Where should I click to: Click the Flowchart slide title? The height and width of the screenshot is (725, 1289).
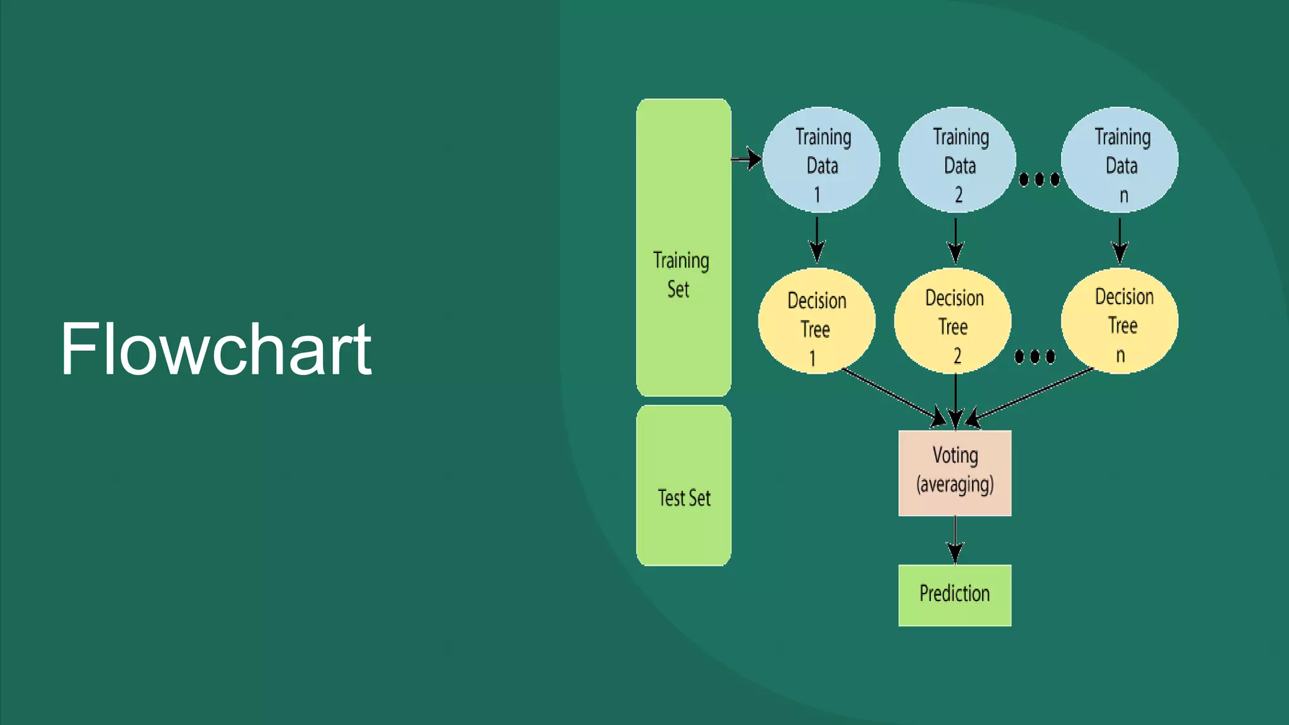tap(216, 349)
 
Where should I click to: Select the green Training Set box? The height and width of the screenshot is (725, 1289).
tap(684, 247)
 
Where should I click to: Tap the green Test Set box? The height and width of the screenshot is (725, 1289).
tap(684, 485)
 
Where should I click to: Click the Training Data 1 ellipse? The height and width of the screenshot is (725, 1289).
tap(821, 160)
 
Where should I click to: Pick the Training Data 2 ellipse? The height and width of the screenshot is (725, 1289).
tap(957, 160)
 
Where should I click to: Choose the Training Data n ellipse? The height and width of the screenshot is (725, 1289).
tap(1120, 160)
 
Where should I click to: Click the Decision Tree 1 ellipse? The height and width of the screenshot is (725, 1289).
tap(816, 322)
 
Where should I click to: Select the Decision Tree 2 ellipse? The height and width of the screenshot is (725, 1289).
tap(953, 321)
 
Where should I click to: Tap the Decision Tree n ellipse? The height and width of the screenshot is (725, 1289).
tap(1120, 321)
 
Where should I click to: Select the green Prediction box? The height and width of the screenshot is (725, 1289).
tap(955, 595)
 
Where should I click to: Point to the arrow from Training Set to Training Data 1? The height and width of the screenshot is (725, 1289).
tap(746, 159)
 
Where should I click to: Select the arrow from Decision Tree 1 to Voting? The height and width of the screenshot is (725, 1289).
tap(894, 396)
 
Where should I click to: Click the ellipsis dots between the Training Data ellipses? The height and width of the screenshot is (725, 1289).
tap(1039, 180)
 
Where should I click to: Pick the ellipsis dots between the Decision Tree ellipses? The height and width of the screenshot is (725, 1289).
tap(1035, 357)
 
